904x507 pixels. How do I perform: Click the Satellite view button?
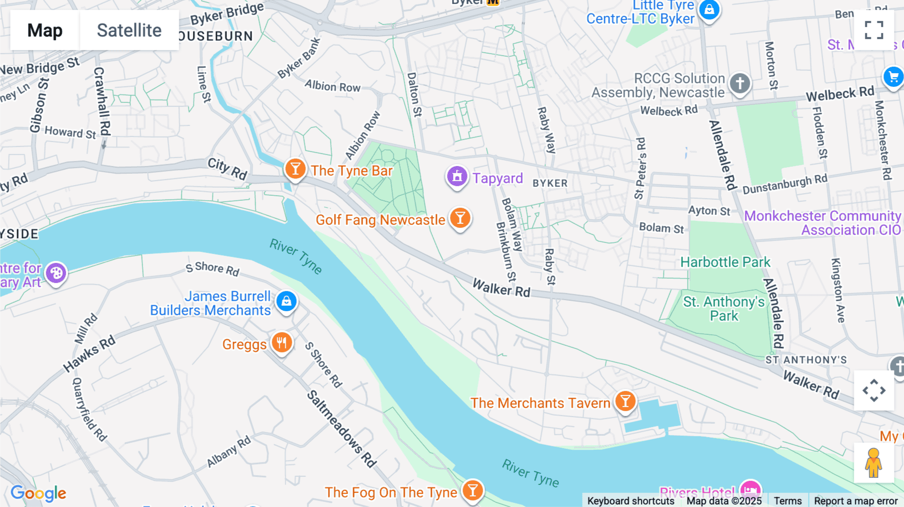[129, 30]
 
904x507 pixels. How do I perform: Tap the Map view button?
[45, 30]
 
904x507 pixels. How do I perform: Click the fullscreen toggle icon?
[874, 30]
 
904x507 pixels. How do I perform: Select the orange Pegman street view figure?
[873, 463]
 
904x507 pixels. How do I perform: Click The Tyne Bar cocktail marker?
[295, 169]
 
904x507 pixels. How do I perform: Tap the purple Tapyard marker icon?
[457, 177]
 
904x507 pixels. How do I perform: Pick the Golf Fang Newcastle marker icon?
[460, 218]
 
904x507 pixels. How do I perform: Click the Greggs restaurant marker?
[282, 343]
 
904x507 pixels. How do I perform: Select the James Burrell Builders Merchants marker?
[286, 301]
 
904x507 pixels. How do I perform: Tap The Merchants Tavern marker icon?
[625, 402]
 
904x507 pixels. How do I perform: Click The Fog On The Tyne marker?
[473, 490]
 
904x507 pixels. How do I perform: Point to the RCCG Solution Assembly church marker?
[740, 83]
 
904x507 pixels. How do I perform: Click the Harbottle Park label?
[725, 262]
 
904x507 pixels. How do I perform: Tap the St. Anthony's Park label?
[724, 309]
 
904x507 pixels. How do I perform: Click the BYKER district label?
[550, 184]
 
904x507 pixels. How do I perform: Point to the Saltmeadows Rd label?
[342, 429]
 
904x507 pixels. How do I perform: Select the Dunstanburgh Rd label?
[784, 185]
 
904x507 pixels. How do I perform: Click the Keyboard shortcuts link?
[631, 501]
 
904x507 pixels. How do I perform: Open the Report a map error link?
[856, 501]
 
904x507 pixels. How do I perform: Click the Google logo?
[38, 493]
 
